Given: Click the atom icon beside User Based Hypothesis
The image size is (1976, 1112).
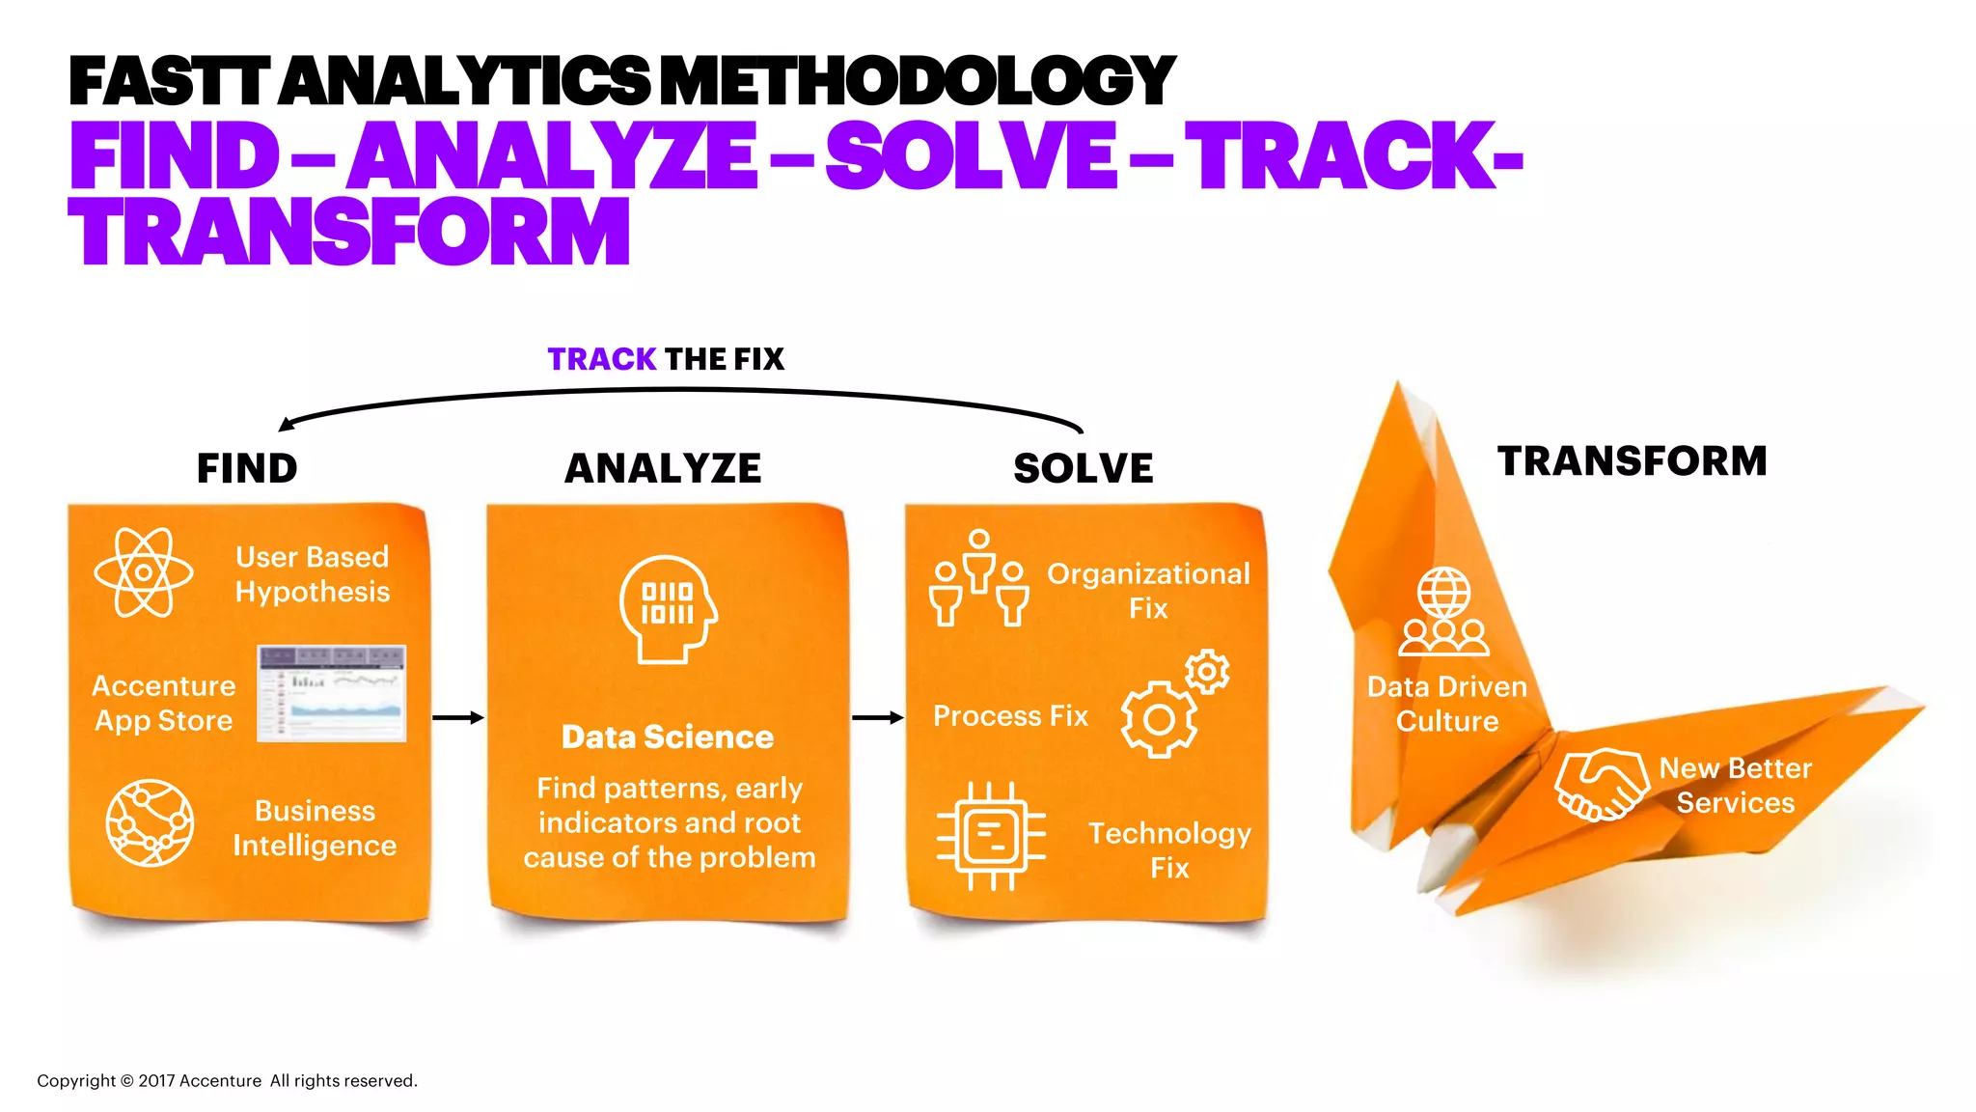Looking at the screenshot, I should point(144,572).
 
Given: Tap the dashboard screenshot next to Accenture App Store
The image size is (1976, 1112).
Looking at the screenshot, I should point(332,693).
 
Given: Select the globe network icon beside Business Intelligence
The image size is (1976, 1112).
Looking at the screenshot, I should point(150,823).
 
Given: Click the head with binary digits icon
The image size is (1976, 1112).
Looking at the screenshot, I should point(668,608).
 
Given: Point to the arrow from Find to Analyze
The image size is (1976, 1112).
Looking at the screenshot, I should point(457,717).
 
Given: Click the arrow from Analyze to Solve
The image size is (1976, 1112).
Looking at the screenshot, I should point(877,717).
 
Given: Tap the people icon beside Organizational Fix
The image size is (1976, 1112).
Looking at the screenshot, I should point(978,578).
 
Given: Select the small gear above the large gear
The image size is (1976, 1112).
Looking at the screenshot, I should point(1207,672).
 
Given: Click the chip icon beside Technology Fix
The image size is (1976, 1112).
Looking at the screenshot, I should point(991,835).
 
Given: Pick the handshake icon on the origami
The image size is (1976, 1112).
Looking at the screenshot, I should point(1601,784).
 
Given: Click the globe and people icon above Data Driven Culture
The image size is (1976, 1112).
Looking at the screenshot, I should point(1443,611).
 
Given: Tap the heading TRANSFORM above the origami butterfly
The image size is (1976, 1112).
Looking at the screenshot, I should point(1632,461).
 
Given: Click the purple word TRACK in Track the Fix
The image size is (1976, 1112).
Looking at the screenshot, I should point(601,359).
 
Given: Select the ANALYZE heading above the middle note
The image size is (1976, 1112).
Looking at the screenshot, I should point(663,469).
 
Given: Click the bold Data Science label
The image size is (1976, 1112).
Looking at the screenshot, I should point(668,737).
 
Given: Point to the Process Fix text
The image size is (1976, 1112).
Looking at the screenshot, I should point(1010,716).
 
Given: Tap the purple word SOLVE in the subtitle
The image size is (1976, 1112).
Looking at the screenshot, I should point(970,156).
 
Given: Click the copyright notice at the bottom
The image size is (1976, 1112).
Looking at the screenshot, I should point(228,1081).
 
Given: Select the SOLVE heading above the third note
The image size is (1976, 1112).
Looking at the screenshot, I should point(1083,469).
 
